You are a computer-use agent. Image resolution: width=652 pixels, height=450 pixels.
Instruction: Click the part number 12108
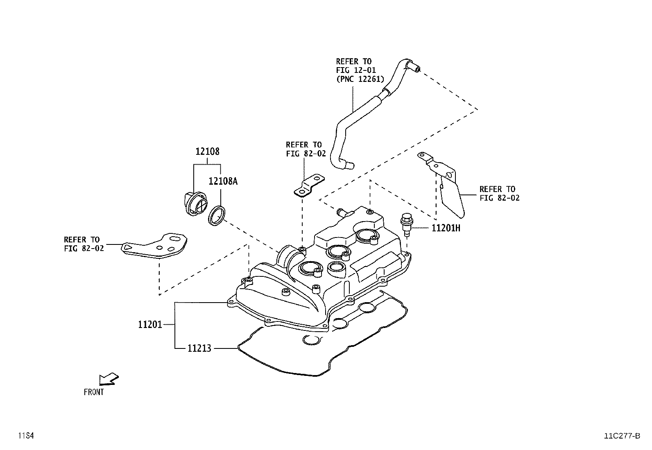[207, 152]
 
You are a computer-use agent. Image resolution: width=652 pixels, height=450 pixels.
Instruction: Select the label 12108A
[223, 181]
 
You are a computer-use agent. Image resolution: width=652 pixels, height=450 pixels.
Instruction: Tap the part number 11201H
[446, 228]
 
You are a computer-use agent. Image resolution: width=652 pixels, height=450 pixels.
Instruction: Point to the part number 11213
[199, 348]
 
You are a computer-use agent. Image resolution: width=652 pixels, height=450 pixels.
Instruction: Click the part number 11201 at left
[150, 325]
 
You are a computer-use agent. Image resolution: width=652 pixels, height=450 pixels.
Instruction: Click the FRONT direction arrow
[109, 379]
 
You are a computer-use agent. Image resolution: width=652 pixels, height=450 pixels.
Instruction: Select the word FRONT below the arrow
[94, 392]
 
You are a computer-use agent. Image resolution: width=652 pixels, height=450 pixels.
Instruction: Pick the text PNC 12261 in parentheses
[360, 79]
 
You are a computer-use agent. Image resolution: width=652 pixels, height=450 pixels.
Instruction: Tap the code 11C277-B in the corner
[621, 436]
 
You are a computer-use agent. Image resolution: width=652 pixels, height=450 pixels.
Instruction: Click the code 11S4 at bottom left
[25, 436]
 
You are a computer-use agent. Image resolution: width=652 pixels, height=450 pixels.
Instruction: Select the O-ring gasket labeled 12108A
[217, 216]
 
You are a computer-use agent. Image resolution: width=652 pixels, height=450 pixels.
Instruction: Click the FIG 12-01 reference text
[355, 70]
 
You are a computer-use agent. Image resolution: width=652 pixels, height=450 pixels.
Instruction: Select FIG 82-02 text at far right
[499, 198]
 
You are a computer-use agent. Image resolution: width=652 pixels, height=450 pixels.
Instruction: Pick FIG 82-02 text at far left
[84, 248]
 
